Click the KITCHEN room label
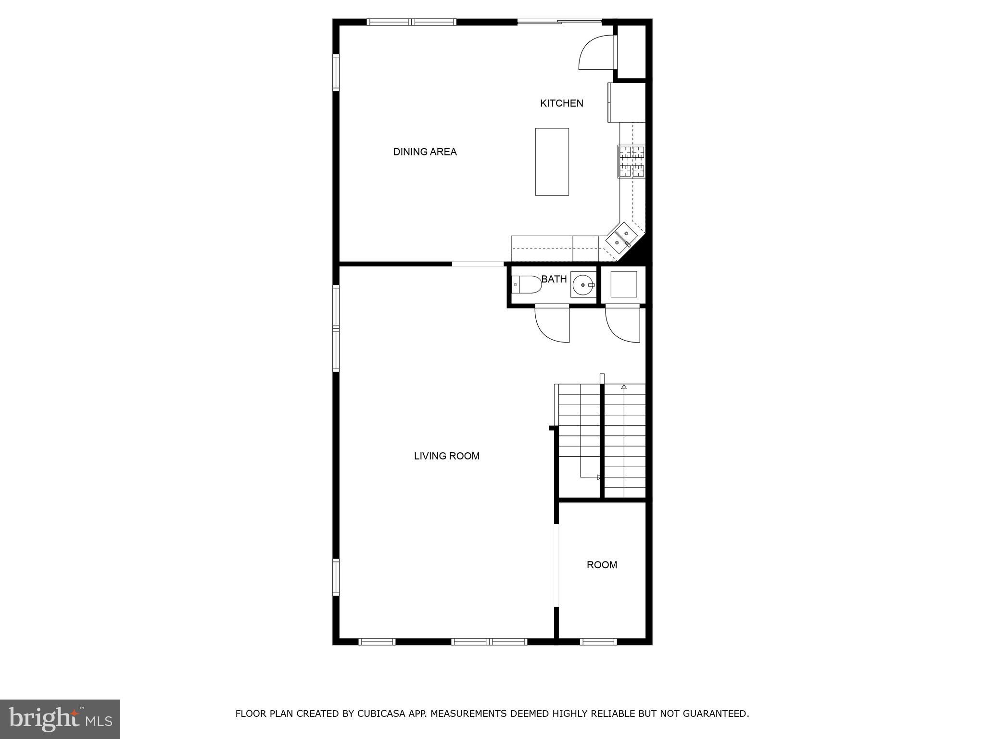click(561, 103)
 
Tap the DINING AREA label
click(425, 152)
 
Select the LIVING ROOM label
click(446, 456)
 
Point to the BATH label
click(554, 280)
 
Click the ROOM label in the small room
click(602, 565)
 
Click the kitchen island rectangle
click(552, 162)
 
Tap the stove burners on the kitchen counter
click(631, 162)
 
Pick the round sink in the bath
click(583, 285)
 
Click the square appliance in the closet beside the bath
click(623, 284)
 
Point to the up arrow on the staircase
click(624, 387)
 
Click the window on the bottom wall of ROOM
click(598, 641)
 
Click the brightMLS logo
click(60, 719)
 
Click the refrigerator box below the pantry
click(627, 102)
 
